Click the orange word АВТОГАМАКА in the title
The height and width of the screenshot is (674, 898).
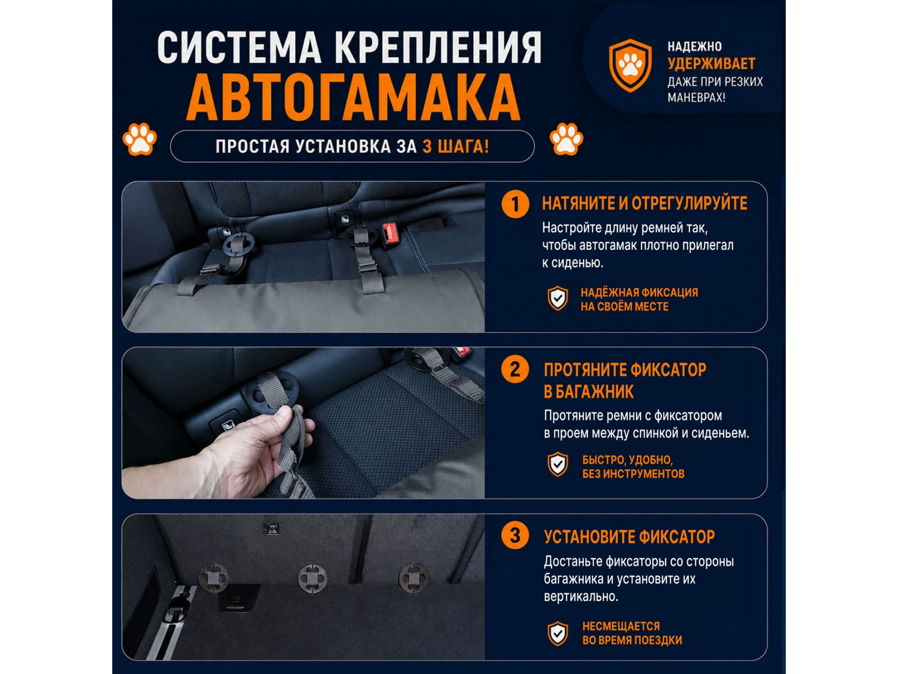click(354, 97)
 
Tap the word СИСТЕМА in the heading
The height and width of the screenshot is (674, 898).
click(239, 47)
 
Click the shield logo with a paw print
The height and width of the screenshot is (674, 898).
click(630, 66)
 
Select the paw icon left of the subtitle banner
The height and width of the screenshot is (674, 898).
click(139, 139)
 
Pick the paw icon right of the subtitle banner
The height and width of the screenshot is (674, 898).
click(566, 139)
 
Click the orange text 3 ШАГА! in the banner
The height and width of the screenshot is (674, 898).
click(456, 147)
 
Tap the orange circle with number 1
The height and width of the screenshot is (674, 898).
click(515, 204)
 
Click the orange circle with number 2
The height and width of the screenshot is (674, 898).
click(515, 369)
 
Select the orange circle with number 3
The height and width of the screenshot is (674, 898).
click(515, 535)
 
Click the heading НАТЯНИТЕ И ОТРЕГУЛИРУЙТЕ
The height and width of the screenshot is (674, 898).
click(645, 204)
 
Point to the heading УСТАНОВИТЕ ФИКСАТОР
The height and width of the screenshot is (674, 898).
click(629, 537)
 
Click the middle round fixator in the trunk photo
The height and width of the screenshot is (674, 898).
click(312, 578)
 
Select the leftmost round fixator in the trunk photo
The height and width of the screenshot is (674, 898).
click(213, 578)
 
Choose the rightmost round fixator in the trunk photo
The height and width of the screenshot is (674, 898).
click(413, 578)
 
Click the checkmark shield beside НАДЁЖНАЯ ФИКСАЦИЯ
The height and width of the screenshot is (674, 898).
click(558, 298)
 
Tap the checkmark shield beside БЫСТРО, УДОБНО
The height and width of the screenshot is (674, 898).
click(558, 464)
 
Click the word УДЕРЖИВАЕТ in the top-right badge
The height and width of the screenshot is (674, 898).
click(711, 64)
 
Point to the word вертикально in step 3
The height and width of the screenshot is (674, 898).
click(581, 597)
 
